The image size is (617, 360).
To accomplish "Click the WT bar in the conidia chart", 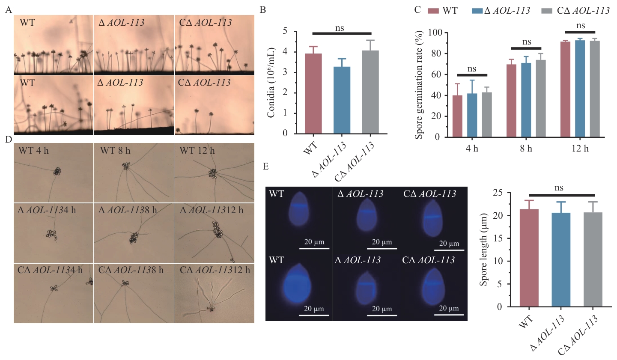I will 313,93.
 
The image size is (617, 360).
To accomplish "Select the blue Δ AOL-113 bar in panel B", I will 342,100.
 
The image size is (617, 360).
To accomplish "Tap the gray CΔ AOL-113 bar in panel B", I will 370,92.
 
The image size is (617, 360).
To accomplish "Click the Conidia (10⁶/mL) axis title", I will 271,82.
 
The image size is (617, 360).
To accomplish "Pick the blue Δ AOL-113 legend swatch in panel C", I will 477,11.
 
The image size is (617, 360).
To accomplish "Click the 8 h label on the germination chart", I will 526,149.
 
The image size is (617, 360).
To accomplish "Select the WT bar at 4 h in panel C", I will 457,116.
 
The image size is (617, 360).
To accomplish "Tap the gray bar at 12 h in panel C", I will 595,89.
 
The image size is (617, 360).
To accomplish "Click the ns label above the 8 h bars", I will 527,42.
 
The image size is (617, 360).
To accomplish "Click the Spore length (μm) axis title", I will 484,249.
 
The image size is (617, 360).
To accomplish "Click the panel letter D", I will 8,140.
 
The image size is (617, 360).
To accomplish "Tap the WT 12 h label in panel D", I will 197,151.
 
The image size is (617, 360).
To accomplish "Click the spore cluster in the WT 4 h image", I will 57,171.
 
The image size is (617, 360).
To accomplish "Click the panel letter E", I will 266,166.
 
